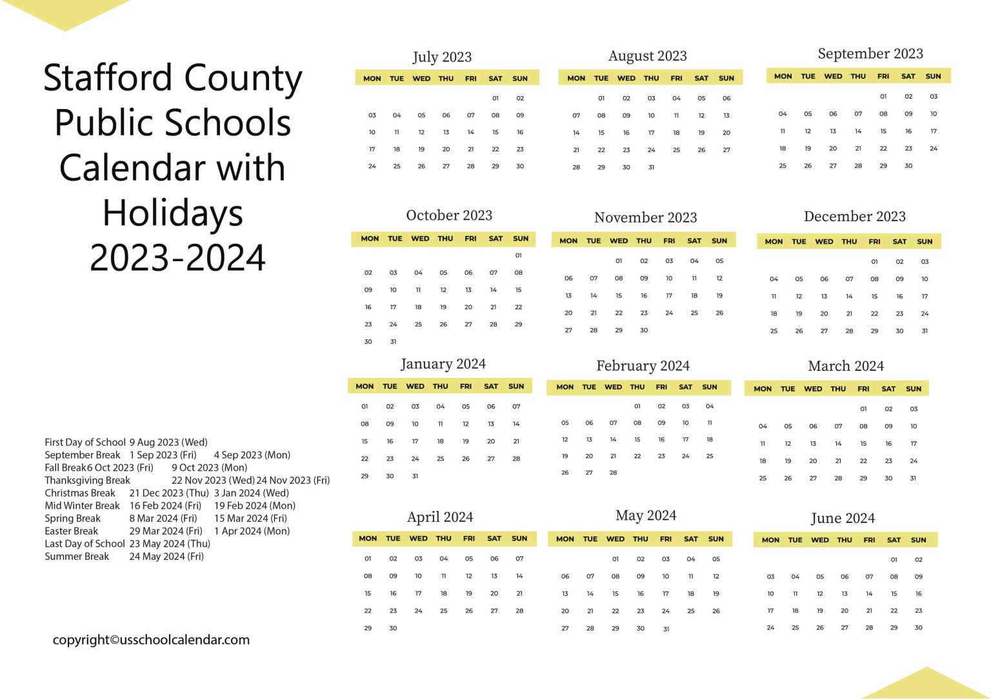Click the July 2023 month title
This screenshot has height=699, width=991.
tap(442, 57)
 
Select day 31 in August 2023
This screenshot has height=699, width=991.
tap(651, 167)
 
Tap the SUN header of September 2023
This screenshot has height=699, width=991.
tap(933, 76)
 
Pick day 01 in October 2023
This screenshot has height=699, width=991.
tap(518, 255)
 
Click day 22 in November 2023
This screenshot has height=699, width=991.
tap(619, 313)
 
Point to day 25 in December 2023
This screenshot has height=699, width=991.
tap(774, 331)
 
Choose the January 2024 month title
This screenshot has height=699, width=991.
tap(443, 364)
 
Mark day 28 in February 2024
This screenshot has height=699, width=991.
tap(613, 473)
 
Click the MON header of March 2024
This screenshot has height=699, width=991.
tap(763, 389)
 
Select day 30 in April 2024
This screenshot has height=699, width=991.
tap(393, 628)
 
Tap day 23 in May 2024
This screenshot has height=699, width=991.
tap(640, 611)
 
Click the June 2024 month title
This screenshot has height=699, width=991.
tap(843, 518)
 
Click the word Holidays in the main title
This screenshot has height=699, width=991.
tap(173, 213)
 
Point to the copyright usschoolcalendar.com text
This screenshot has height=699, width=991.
tap(151, 640)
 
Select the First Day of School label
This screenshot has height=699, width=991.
tap(85, 442)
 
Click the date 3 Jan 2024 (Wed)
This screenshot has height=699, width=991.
tap(251, 493)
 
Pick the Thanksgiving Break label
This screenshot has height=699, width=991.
tap(87, 480)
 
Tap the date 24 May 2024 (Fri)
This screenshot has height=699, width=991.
tap(166, 556)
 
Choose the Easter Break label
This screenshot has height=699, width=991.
tap(71, 531)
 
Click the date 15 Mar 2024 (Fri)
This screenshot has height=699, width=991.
tap(250, 518)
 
